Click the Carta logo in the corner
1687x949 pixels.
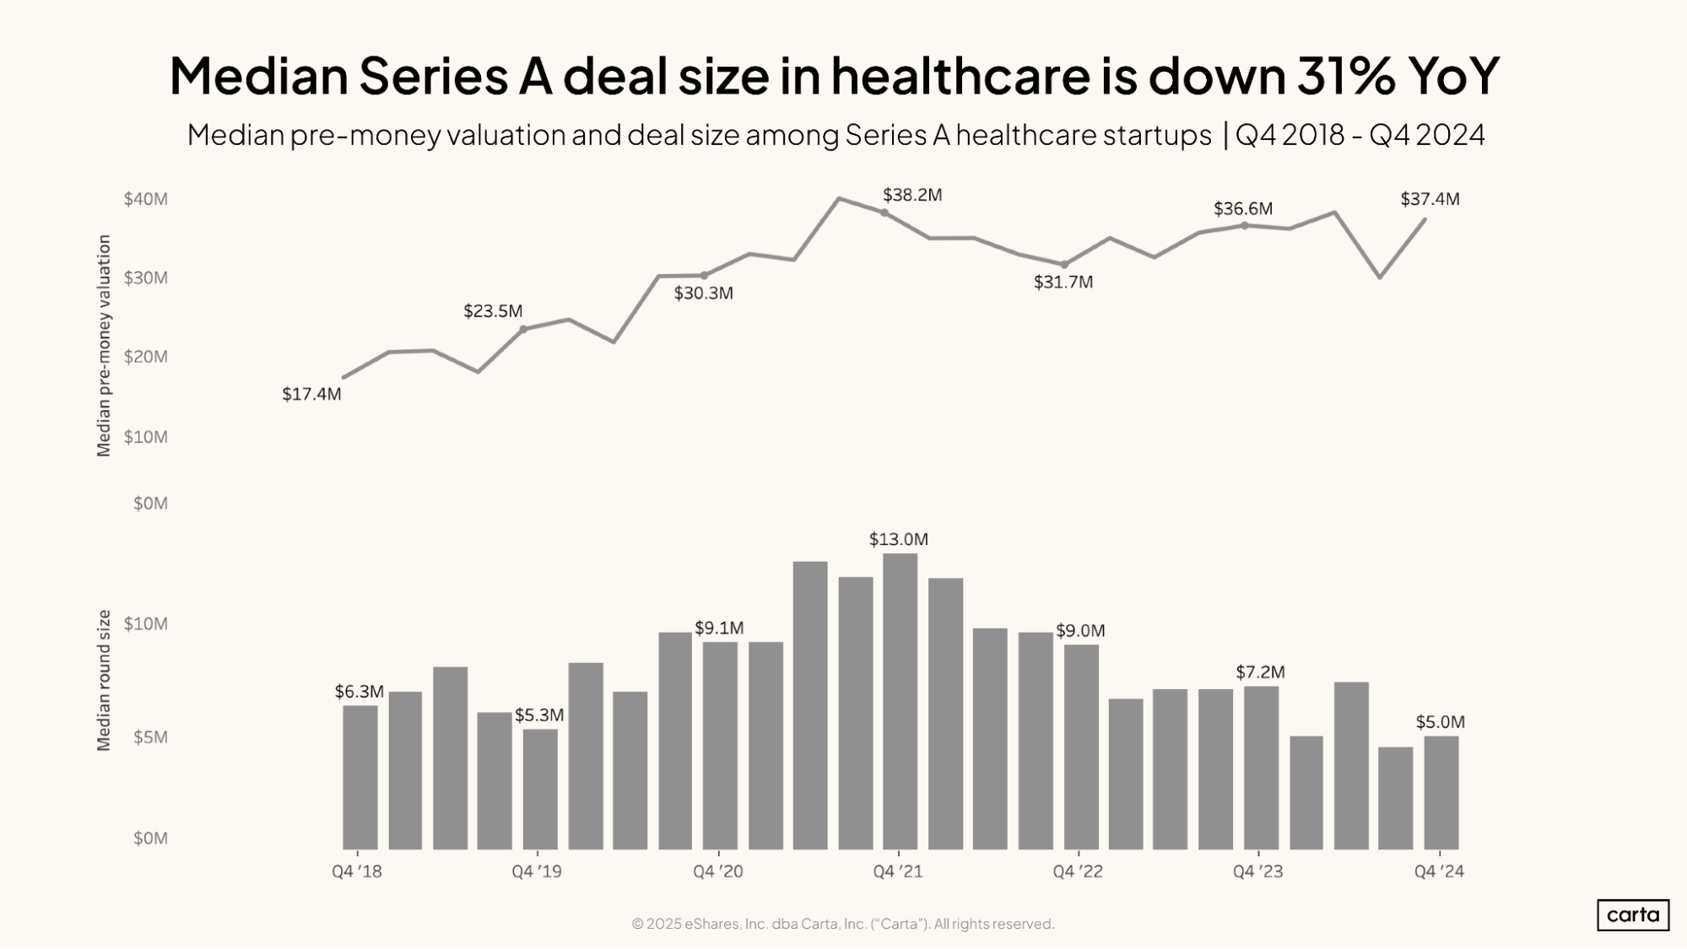(1632, 915)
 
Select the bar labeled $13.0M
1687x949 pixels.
(900, 700)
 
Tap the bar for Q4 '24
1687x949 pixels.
(1441, 792)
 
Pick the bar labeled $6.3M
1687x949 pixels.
(360, 777)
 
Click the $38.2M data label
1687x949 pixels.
(911, 195)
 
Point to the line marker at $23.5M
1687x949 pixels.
(523, 329)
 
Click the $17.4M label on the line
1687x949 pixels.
(311, 394)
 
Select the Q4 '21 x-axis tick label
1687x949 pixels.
(898, 871)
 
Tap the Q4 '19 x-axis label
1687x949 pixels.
(537, 871)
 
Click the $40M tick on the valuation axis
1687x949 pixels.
(146, 199)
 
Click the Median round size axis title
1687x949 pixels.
(104, 680)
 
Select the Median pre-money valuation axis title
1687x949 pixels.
(104, 346)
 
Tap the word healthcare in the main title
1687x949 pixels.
(960, 75)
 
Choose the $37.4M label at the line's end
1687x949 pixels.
(1430, 199)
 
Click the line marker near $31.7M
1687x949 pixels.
(1064, 265)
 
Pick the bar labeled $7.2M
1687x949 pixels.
(1261, 767)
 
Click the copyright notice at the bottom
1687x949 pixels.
(843, 924)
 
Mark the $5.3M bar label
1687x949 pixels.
(539, 715)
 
